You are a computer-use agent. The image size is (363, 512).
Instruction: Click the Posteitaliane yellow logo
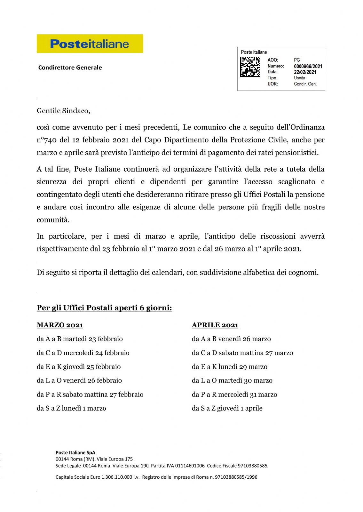click(x=90, y=44)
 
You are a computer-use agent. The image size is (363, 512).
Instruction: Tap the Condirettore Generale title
click(x=70, y=68)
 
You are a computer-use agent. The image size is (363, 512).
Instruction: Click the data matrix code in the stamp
click(x=250, y=67)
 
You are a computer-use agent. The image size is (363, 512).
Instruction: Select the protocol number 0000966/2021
click(x=308, y=66)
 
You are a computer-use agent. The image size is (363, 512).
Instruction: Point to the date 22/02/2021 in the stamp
click(x=305, y=72)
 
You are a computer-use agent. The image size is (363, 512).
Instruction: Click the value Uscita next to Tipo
click(x=300, y=78)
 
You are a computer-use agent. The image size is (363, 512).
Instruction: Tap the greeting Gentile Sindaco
click(x=63, y=111)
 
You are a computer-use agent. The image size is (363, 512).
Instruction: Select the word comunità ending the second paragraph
click(x=53, y=220)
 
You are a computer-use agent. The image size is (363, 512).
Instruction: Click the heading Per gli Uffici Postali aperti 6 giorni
click(x=104, y=308)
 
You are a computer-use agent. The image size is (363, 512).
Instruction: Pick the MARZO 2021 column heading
click(x=60, y=325)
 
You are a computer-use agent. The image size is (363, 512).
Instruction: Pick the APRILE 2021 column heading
click(x=215, y=325)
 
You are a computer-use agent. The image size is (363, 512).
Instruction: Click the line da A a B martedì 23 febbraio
click(x=80, y=339)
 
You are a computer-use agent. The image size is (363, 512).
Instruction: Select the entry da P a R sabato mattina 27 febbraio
click(x=90, y=395)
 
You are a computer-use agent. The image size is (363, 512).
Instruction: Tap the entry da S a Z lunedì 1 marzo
click(x=71, y=408)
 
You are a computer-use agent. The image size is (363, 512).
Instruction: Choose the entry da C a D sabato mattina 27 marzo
click(x=242, y=353)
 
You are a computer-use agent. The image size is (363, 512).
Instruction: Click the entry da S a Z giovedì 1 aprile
click(x=227, y=408)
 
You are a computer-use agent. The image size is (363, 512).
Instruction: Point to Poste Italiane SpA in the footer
click(x=75, y=452)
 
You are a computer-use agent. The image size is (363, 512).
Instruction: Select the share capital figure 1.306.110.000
click(x=117, y=477)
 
